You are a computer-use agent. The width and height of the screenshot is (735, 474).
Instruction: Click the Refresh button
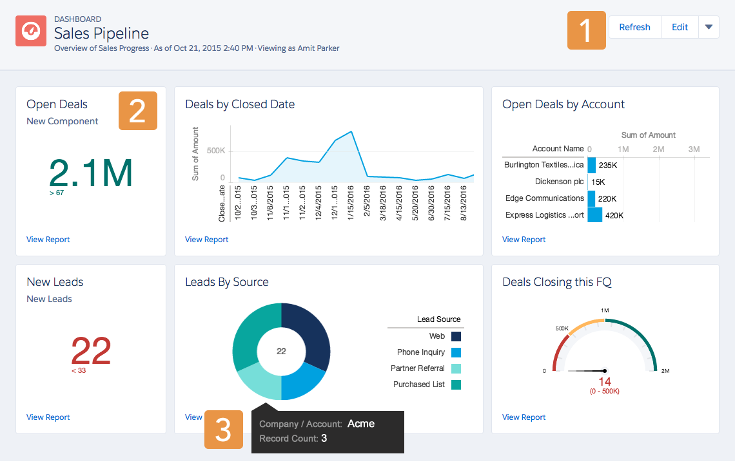click(634, 27)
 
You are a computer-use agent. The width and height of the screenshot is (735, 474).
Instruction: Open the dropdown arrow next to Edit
click(709, 27)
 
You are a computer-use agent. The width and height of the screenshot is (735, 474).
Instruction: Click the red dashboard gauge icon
click(31, 31)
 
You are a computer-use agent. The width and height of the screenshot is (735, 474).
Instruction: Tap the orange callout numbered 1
click(586, 30)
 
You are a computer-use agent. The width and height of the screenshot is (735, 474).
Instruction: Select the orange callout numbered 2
click(137, 111)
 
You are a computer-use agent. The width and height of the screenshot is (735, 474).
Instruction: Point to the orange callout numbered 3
click(223, 430)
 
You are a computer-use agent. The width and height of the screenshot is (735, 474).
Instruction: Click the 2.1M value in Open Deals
click(91, 172)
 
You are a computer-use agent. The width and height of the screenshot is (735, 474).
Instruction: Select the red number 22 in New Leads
click(90, 351)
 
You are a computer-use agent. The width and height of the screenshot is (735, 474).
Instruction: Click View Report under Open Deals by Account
click(524, 240)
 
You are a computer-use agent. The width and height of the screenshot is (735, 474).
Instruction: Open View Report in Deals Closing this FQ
click(524, 417)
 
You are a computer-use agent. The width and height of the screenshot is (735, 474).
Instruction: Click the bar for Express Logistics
click(594, 215)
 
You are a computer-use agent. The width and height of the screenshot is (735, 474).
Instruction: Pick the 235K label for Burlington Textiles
click(608, 166)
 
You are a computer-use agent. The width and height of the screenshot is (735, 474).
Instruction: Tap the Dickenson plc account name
click(560, 182)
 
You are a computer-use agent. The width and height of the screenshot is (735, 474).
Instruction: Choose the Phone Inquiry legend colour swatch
click(456, 352)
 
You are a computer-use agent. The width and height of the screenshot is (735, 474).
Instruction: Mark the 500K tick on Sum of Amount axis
click(215, 150)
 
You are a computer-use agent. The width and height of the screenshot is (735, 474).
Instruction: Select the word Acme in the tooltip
click(360, 424)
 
